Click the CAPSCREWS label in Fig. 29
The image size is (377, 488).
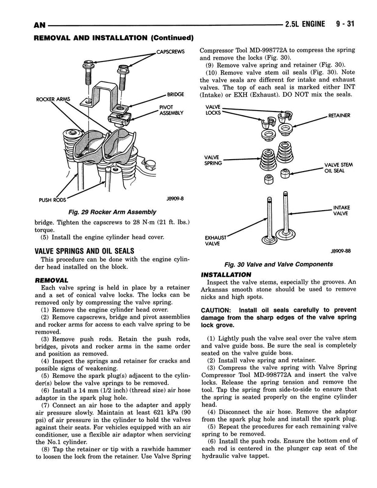point(170,51)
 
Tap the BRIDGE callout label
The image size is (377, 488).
point(175,94)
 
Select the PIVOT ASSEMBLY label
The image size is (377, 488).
point(171,110)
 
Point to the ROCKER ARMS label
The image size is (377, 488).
point(53,99)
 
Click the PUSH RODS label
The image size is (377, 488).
point(52,200)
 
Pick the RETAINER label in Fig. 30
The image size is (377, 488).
point(339,115)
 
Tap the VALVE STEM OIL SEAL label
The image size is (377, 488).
point(338,168)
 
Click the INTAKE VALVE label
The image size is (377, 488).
point(341,210)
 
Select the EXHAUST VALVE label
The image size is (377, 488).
point(215,241)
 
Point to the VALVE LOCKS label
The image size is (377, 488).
point(213,110)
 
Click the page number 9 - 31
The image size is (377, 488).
point(345,24)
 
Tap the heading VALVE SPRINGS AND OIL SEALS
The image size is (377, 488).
point(84,251)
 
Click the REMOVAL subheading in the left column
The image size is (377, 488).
point(51,280)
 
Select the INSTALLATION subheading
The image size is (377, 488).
point(226,274)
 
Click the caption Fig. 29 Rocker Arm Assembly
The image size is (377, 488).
point(112,212)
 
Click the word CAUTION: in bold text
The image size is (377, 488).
point(216,310)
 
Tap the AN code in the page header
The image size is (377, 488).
point(39,25)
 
